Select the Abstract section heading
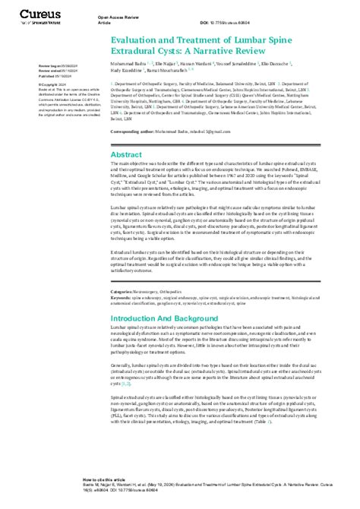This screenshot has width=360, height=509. pos(126,132)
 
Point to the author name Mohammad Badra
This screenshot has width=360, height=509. pos(129,77)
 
